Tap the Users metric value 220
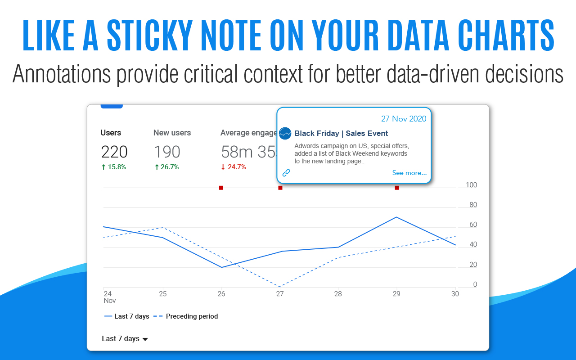tap(114, 152)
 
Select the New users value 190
tap(167, 152)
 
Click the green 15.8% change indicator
tap(113, 167)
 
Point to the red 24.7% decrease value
tap(233, 167)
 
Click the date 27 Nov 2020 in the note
tap(404, 119)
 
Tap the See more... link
tap(409, 173)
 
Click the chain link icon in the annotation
tap(286, 173)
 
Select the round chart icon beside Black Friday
tap(285, 133)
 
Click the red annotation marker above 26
tap(221, 188)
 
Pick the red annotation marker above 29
tap(397, 188)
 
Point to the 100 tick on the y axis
tap(471, 185)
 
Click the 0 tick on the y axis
tap(475, 284)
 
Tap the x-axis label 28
tap(338, 294)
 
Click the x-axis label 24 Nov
tap(109, 297)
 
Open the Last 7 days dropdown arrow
tap(145, 339)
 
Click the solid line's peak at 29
tap(396, 217)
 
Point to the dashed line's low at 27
tap(280, 287)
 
